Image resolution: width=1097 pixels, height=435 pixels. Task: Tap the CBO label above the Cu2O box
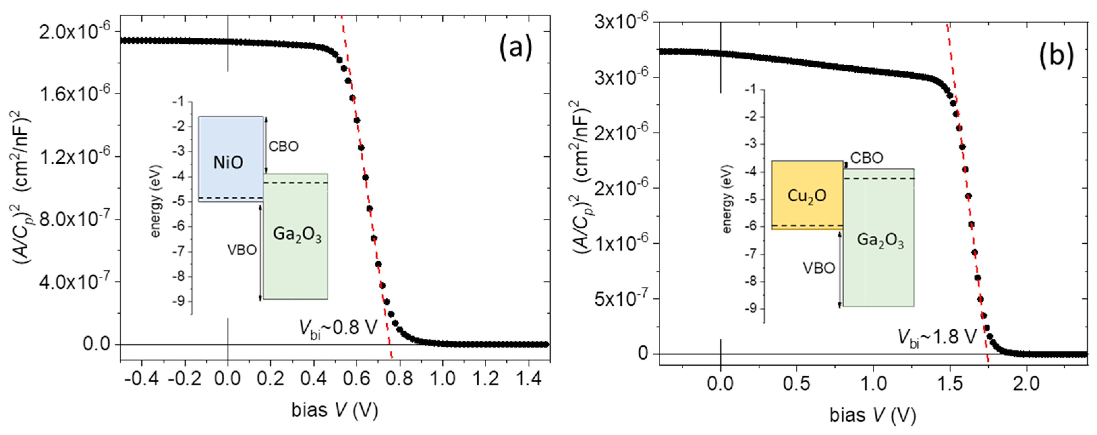[x=867, y=158]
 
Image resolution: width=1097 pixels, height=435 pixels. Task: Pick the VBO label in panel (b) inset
[x=818, y=268]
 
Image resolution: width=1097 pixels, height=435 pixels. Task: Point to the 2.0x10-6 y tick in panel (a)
[x=75, y=32]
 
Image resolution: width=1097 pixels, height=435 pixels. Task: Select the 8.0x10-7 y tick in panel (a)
[x=75, y=220]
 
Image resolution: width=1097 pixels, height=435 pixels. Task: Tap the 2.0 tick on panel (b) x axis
[x=1026, y=384]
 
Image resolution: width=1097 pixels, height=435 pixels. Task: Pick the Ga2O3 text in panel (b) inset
[x=880, y=241]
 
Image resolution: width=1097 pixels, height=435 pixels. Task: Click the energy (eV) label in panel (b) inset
[x=727, y=199]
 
